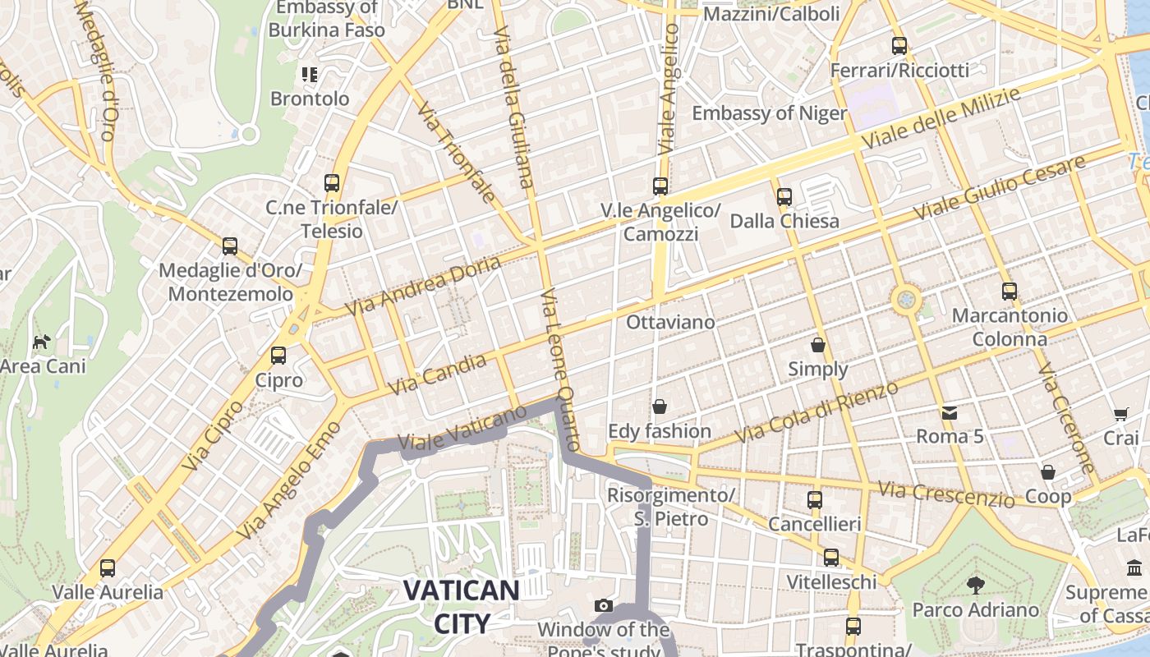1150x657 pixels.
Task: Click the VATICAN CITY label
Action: (461, 606)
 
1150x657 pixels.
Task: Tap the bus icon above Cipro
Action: (278, 356)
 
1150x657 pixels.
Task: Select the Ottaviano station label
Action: (670, 322)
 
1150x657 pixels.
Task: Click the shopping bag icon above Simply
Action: (817, 345)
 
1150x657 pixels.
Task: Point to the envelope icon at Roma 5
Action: (950, 412)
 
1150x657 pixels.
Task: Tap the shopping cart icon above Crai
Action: (1121, 414)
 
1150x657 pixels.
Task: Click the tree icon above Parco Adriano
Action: (976, 586)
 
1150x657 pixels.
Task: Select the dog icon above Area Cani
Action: (41, 342)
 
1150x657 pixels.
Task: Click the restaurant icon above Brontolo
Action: (310, 75)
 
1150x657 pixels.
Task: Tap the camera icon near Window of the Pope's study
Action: (604, 606)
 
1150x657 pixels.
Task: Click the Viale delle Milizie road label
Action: (941, 119)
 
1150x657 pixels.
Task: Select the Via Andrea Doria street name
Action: (423, 286)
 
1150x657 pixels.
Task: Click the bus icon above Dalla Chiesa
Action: (784, 197)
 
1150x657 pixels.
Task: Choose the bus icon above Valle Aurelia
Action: (108, 567)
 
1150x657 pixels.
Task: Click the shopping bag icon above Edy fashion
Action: (659, 407)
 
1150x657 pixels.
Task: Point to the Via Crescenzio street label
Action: (946, 494)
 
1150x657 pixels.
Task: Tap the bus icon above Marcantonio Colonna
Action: (1010, 292)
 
